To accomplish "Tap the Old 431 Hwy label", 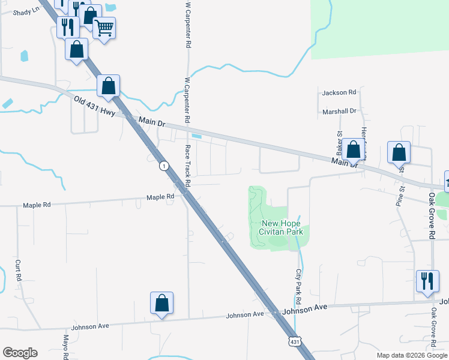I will [x=94, y=106].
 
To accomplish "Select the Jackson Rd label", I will [x=339, y=92].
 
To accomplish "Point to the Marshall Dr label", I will [x=339, y=111].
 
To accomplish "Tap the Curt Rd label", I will [x=19, y=271].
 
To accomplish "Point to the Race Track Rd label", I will [x=187, y=164].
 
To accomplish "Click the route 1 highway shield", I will [x=163, y=165].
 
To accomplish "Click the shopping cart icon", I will [x=104, y=27].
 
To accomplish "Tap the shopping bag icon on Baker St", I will [x=354, y=150].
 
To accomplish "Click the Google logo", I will [x=20, y=353].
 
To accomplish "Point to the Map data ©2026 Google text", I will [x=412, y=355].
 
